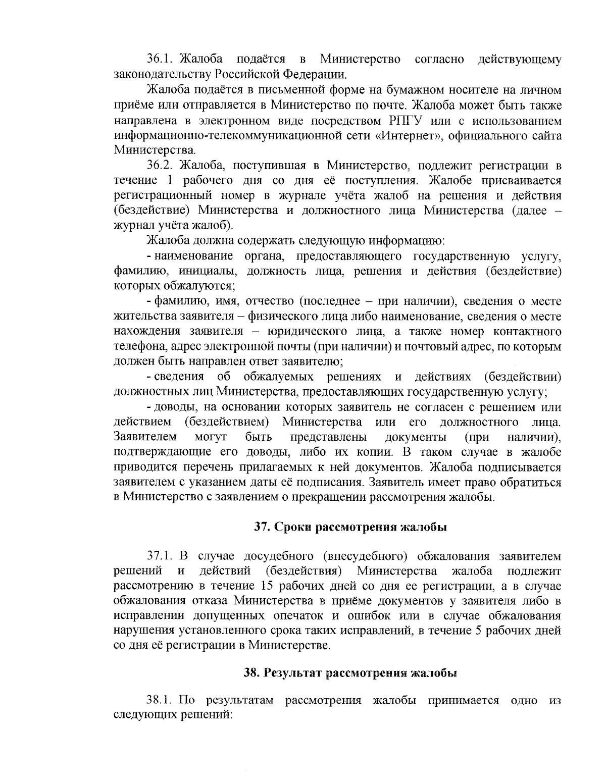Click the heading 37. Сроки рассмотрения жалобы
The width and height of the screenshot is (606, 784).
(350, 528)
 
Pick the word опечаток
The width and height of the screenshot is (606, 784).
(320, 616)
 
